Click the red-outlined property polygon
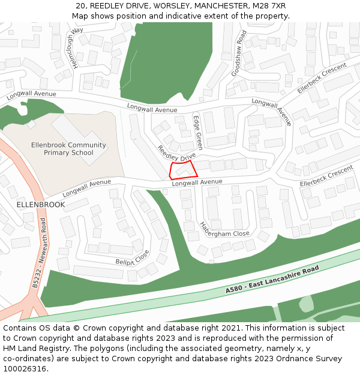(183, 170)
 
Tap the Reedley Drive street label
(176, 153)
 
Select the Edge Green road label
(197, 133)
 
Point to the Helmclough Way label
(77, 47)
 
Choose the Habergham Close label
(224, 230)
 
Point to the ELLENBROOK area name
(41, 205)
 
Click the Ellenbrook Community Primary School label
(68, 149)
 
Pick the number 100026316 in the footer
(24, 369)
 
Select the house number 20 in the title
(80, 6)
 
